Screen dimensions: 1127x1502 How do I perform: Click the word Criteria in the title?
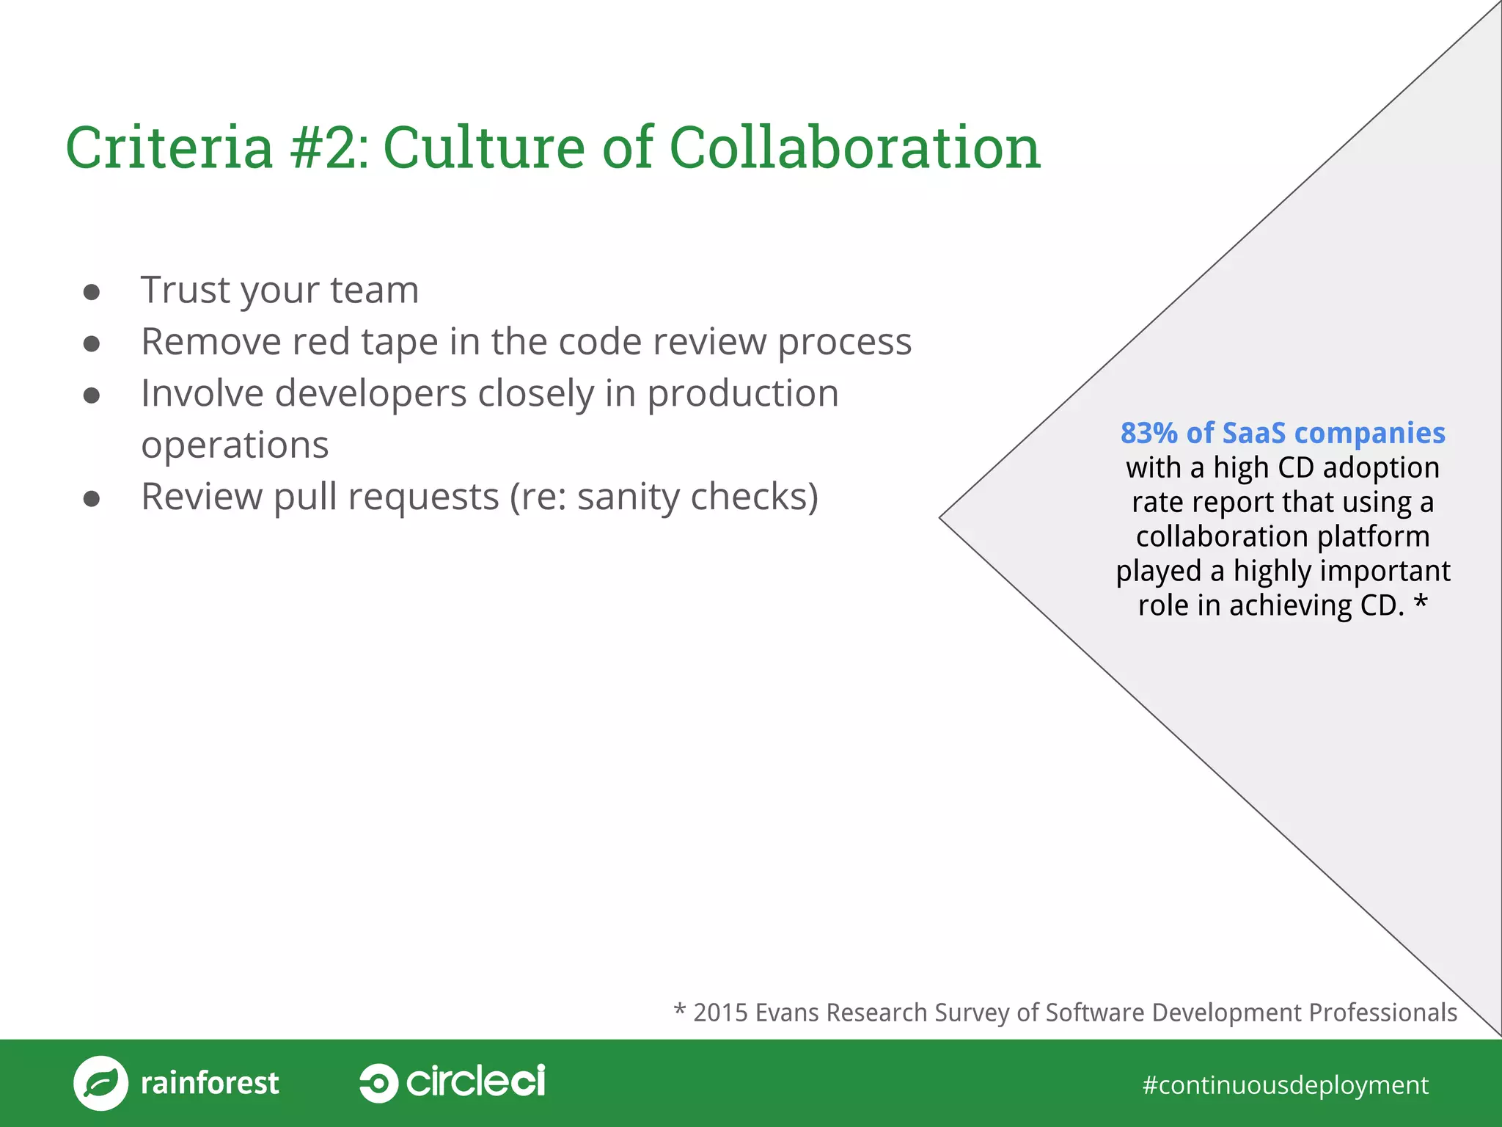(x=169, y=147)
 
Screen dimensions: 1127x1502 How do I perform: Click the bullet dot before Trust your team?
(x=92, y=292)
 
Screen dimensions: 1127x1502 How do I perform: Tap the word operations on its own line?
(x=235, y=445)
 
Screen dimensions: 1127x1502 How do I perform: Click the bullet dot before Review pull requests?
(x=92, y=500)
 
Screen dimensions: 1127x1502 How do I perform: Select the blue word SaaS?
(x=1253, y=433)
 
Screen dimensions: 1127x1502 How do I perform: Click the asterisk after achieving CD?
(x=1421, y=604)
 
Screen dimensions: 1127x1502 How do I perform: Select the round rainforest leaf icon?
(x=101, y=1083)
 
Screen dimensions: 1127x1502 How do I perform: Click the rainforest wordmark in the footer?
(x=210, y=1083)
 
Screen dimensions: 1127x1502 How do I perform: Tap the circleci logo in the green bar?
(x=453, y=1082)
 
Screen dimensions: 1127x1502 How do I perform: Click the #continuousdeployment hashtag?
(x=1285, y=1084)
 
